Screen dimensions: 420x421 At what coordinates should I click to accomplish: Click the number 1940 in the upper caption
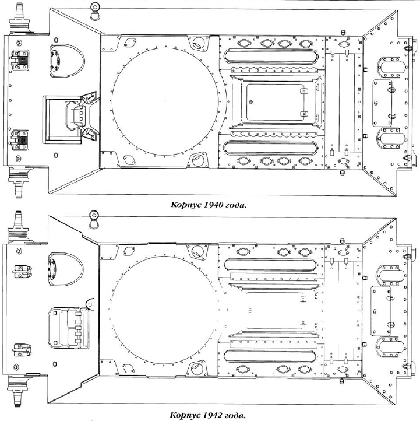tap(213, 205)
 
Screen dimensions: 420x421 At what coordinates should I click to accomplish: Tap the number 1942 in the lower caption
tap(213, 415)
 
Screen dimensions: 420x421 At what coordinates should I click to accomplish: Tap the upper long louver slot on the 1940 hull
tap(271, 57)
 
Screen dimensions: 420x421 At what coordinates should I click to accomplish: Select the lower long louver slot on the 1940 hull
tap(271, 148)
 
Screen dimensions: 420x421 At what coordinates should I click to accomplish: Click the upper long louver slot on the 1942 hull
tap(270, 265)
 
